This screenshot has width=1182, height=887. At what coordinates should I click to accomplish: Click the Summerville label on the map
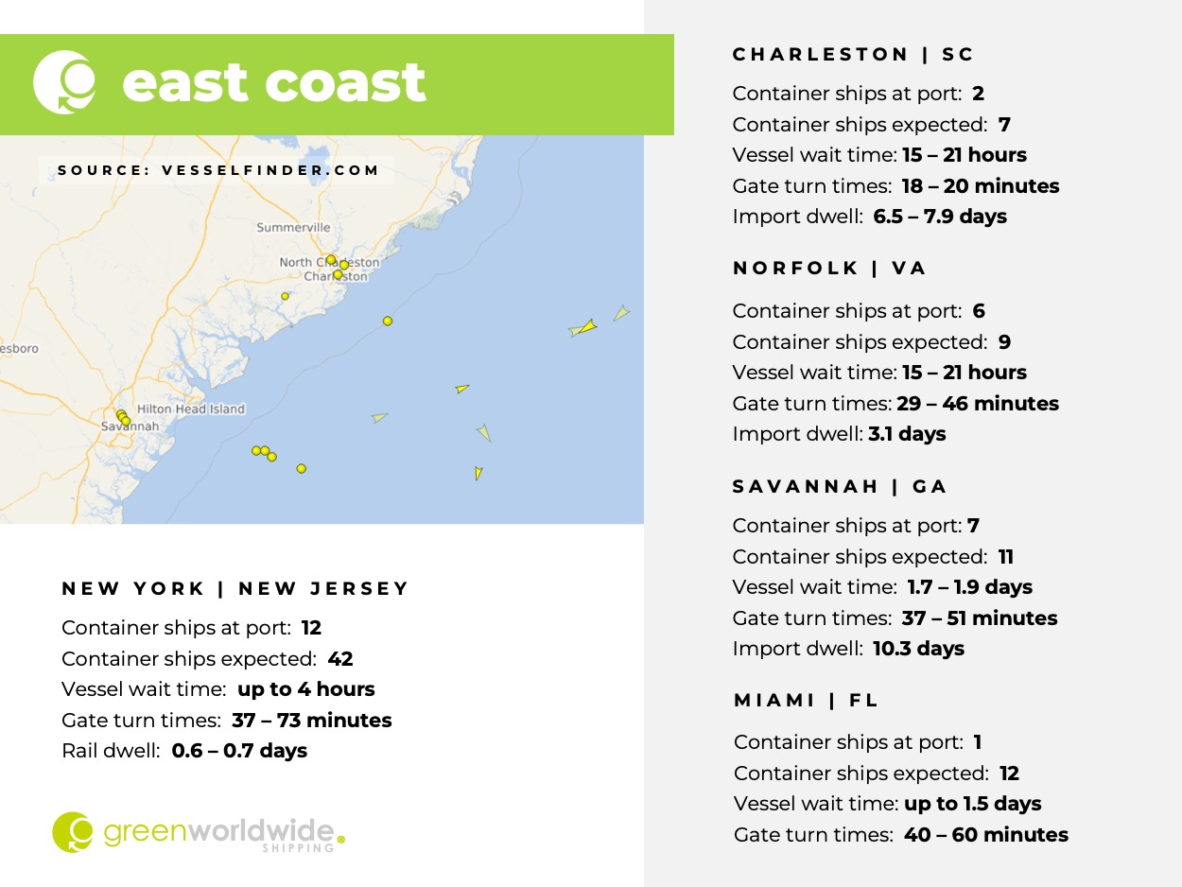click(294, 228)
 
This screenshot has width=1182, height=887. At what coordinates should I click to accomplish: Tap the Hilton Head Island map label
click(191, 409)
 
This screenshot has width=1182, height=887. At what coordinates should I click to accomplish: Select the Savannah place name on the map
click(130, 426)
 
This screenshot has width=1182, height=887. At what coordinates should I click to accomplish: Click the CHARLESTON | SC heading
click(853, 55)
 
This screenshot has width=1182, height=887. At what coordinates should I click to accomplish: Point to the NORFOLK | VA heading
click(829, 269)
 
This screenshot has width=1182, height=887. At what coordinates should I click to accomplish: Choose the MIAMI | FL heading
click(807, 701)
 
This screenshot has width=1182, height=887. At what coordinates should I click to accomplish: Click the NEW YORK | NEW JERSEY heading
click(235, 589)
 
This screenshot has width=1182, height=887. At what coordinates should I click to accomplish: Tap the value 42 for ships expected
click(340, 659)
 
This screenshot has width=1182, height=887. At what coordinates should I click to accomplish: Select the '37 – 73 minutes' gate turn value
click(311, 721)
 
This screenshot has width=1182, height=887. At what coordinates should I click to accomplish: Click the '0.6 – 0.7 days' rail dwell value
click(239, 751)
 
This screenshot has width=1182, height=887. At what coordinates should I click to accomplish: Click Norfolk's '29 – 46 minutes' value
click(976, 404)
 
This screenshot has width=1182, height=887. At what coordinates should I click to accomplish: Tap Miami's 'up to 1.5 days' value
click(973, 804)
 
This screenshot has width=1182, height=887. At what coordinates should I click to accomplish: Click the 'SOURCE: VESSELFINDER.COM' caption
click(218, 171)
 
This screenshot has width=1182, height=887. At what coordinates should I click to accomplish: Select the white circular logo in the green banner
click(64, 83)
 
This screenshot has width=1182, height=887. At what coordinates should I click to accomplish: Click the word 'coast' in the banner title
click(346, 83)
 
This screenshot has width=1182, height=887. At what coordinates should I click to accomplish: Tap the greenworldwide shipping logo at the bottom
click(199, 832)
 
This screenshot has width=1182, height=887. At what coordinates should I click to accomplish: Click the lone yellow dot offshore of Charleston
click(387, 322)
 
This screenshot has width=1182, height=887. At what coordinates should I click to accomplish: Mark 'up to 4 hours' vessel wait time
click(306, 689)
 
